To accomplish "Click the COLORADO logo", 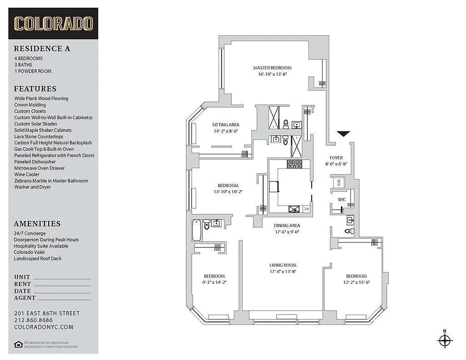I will pyautogui.click(x=54, y=23).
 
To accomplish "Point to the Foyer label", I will pyautogui.click(x=336, y=158).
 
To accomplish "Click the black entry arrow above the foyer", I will pyautogui.click(x=344, y=134).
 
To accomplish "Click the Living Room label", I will pyautogui.click(x=283, y=265).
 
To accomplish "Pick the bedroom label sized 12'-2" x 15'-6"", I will pyautogui.click(x=356, y=276).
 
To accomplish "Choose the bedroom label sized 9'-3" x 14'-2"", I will pyautogui.click(x=214, y=276).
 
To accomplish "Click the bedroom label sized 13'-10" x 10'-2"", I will pyautogui.click(x=228, y=185).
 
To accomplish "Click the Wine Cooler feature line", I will pyautogui.click(x=27, y=174).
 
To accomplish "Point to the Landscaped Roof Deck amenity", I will pyautogui.click(x=38, y=259).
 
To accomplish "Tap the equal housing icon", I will pyautogui.click(x=18, y=345).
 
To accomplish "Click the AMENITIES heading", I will pyautogui.click(x=37, y=224).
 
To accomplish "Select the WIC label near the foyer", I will pyautogui.click(x=342, y=199).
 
